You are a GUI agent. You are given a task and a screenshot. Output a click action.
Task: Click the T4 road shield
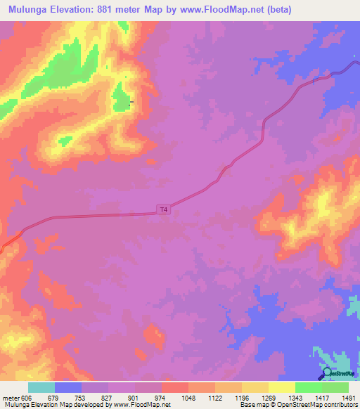coord(164,209)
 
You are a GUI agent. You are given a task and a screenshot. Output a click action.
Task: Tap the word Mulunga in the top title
coord(29,9)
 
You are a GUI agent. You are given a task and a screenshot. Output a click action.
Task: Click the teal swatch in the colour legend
coord(41,387)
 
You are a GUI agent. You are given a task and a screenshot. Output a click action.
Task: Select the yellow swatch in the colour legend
coord(281,387)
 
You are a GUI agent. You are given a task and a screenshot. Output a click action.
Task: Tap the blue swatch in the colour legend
coord(67,387)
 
